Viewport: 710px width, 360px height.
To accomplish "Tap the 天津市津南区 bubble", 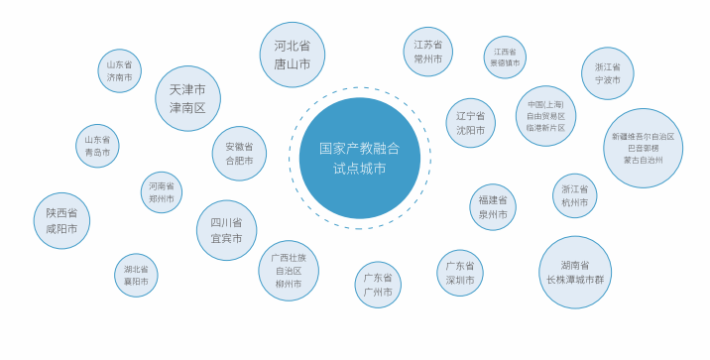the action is [x=187, y=98].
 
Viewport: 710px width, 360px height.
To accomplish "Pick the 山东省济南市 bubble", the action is [x=119, y=70].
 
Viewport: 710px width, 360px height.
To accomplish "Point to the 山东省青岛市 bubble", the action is [x=98, y=146].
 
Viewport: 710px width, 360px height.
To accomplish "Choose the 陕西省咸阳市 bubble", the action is [x=61, y=220].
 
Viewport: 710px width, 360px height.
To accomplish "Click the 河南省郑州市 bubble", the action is [x=162, y=192].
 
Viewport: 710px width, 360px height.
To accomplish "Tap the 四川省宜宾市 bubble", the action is [x=227, y=230].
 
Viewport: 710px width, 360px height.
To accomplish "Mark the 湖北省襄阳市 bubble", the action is [x=136, y=275].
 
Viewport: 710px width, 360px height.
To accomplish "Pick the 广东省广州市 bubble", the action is [x=378, y=285].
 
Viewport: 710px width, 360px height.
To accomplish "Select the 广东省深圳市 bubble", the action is [x=460, y=273].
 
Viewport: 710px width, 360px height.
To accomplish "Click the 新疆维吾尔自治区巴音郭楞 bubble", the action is [x=643, y=148].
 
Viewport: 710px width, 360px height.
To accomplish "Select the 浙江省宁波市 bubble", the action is [x=608, y=73].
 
